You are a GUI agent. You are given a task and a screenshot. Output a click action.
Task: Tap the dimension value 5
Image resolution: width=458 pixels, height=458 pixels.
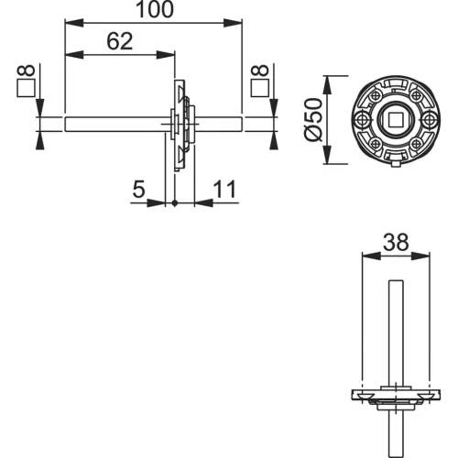[139, 190]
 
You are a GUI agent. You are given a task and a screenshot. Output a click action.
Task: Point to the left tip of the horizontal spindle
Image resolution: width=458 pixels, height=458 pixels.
[67, 119]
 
